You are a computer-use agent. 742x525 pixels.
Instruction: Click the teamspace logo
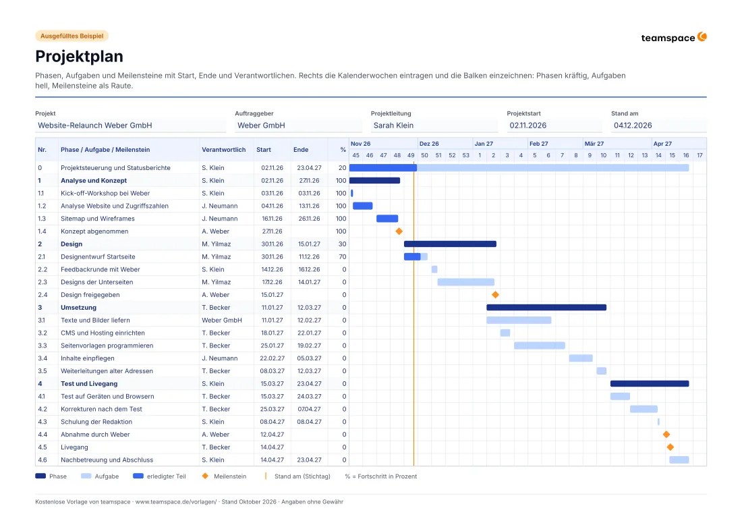point(673,37)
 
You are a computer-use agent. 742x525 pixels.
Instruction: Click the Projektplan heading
point(79,56)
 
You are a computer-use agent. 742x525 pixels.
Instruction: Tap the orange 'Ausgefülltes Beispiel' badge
point(72,36)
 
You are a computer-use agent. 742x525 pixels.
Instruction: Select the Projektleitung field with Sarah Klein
point(434,126)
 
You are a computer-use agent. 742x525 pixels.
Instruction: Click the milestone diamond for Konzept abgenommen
point(399,231)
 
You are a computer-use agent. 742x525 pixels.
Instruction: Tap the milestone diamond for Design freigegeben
point(496,295)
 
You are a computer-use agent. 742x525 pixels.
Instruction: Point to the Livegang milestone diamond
point(670,447)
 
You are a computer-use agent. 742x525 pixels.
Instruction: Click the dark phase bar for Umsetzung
point(546,308)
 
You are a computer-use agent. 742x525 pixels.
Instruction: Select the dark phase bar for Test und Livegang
point(650,384)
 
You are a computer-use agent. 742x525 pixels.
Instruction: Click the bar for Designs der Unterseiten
point(465,282)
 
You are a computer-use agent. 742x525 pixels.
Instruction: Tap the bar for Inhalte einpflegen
point(581,358)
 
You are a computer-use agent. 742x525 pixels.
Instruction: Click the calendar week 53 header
point(465,155)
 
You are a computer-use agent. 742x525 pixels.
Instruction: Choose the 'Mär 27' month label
point(594,144)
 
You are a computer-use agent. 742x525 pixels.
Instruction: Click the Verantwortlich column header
point(224,150)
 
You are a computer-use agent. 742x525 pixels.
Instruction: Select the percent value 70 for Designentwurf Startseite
point(343,257)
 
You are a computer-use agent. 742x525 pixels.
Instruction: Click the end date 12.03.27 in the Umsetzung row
point(309,308)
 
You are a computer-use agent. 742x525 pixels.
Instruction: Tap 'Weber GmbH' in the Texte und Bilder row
point(222,321)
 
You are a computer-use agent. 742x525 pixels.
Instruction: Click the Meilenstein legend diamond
point(205,476)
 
